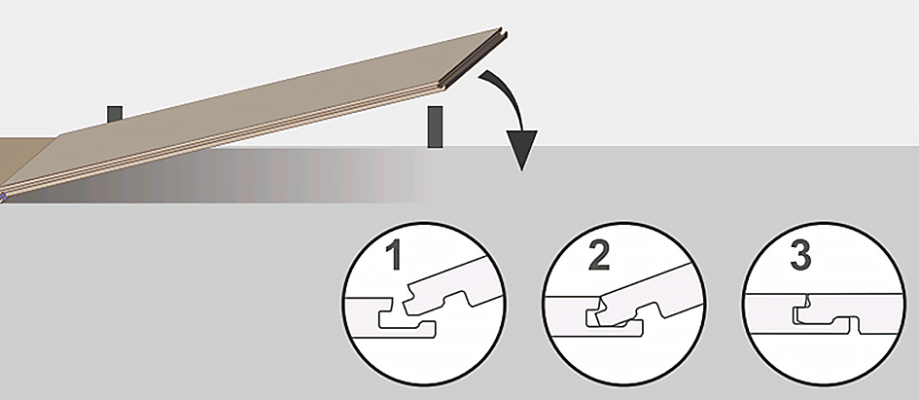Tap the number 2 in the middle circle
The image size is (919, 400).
[598, 255]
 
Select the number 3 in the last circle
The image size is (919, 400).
[800, 255]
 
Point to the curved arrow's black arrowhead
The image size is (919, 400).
[521, 149]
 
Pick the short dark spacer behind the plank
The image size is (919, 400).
[115, 115]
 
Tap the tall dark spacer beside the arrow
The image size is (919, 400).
[435, 127]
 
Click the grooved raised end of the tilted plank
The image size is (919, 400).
[474, 59]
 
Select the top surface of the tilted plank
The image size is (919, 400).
[252, 112]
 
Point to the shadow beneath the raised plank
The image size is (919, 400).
[223, 176]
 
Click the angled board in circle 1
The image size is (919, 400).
[451, 287]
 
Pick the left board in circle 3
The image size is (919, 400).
[774, 310]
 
